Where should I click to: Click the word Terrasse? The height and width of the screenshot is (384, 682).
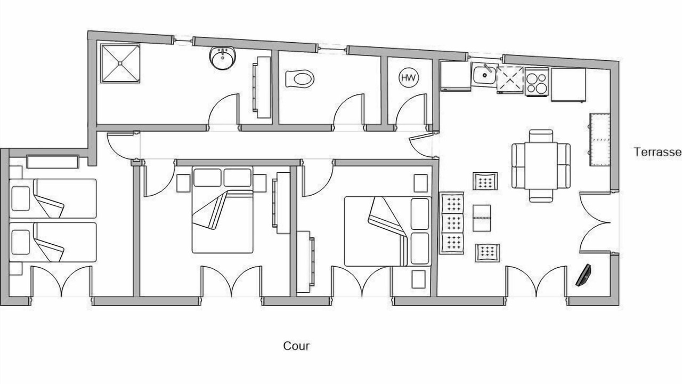(x=657, y=152)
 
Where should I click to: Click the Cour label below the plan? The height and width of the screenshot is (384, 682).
(x=296, y=346)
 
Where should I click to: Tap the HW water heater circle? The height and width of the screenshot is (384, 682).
(x=409, y=78)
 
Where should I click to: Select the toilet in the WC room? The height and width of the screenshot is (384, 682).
(x=299, y=79)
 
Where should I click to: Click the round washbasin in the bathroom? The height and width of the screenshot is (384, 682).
(x=222, y=58)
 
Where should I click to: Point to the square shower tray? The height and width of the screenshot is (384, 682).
(x=121, y=63)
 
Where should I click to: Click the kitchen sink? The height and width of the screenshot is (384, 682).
(x=484, y=74)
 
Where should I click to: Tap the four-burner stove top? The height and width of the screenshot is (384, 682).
(x=537, y=82)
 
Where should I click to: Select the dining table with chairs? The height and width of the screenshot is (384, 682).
(x=541, y=165)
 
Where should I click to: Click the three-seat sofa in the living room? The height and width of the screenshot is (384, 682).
(x=452, y=222)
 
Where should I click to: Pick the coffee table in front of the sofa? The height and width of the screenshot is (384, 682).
(x=481, y=218)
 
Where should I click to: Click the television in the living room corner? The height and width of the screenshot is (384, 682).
(x=584, y=275)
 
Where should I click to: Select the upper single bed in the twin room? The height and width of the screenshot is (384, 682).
(x=53, y=198)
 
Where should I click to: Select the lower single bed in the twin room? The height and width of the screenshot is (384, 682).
(x=53, y=242)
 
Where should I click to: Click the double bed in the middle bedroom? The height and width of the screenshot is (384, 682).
(x=222, y=211)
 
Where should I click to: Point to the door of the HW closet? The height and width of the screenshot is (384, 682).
(x=412, y=111)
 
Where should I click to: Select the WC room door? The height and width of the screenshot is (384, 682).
(x=349, y=111)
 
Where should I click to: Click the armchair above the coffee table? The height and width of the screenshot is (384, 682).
(x=485, y=181)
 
